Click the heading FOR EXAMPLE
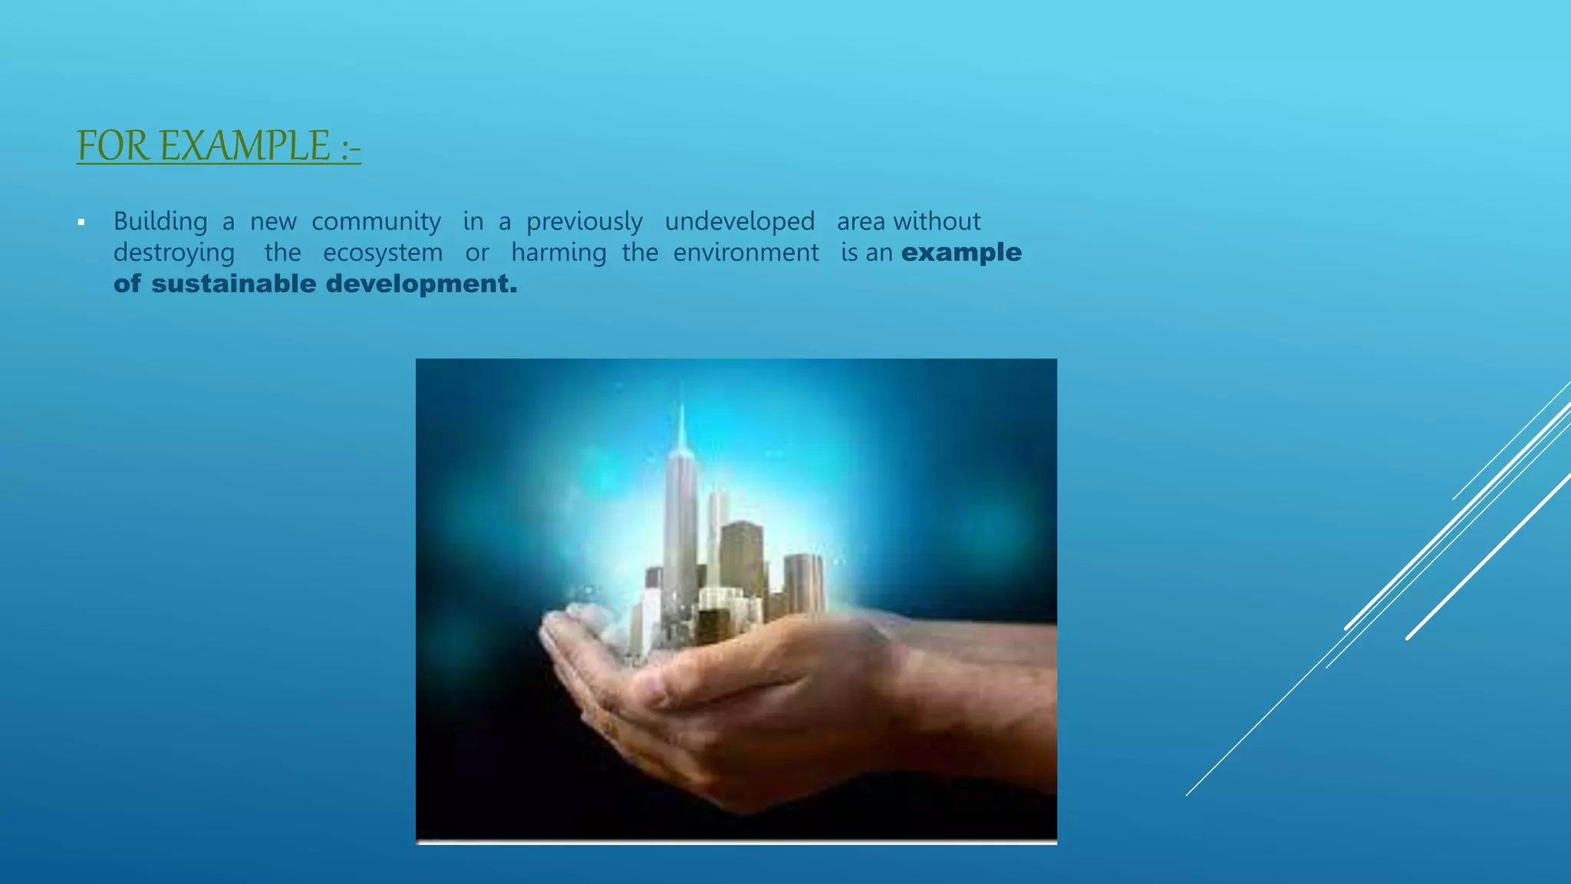click(x=219, y=146)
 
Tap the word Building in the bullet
click(x=160, y=222)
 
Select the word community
click(x=376, y=222)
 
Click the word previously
click(x=584, y=222)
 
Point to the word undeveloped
click(x=739, y=222)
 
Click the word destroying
click(x=174, y=253)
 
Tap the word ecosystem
click(x=383, y=253)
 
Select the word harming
click(x=558, y=253)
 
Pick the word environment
click(x=746, y=253)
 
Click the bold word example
click(x=961, y=253)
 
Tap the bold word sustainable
click(x=233, y=284)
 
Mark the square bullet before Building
click(x=81, y=223)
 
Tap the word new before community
click(x=273, y=222)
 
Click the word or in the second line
click(x=476, y=253)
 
